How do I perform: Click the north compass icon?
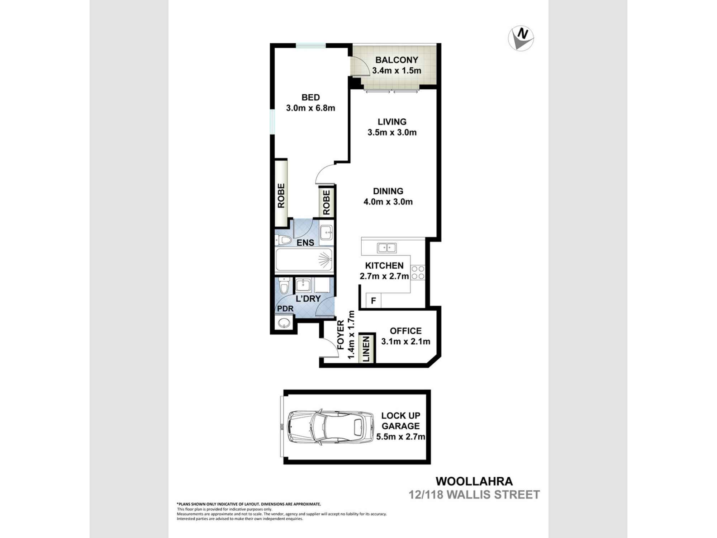tap(521, 38)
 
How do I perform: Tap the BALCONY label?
tap(397, 60)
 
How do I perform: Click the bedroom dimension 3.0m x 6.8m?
tap(310, 108)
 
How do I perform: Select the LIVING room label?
tap(392, 122)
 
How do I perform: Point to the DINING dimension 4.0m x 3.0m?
tap(388, 202)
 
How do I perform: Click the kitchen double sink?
tap(386, 248)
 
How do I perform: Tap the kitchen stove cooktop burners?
tap(418, 273)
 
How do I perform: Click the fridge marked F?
tap(373, 301)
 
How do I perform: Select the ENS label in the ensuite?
tap(305, 243)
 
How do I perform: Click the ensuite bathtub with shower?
tap(304, 260)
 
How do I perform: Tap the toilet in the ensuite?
tap(283, 240)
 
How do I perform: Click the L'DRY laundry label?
tap(308, 298)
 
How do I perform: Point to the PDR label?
tap(285, 309)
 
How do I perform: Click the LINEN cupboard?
tap(366, 349)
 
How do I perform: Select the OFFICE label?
tap(405, 331)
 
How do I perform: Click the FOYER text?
tap(341, 335)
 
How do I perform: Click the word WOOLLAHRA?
tap(474, 481)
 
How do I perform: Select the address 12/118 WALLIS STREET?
tap(474, 495)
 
